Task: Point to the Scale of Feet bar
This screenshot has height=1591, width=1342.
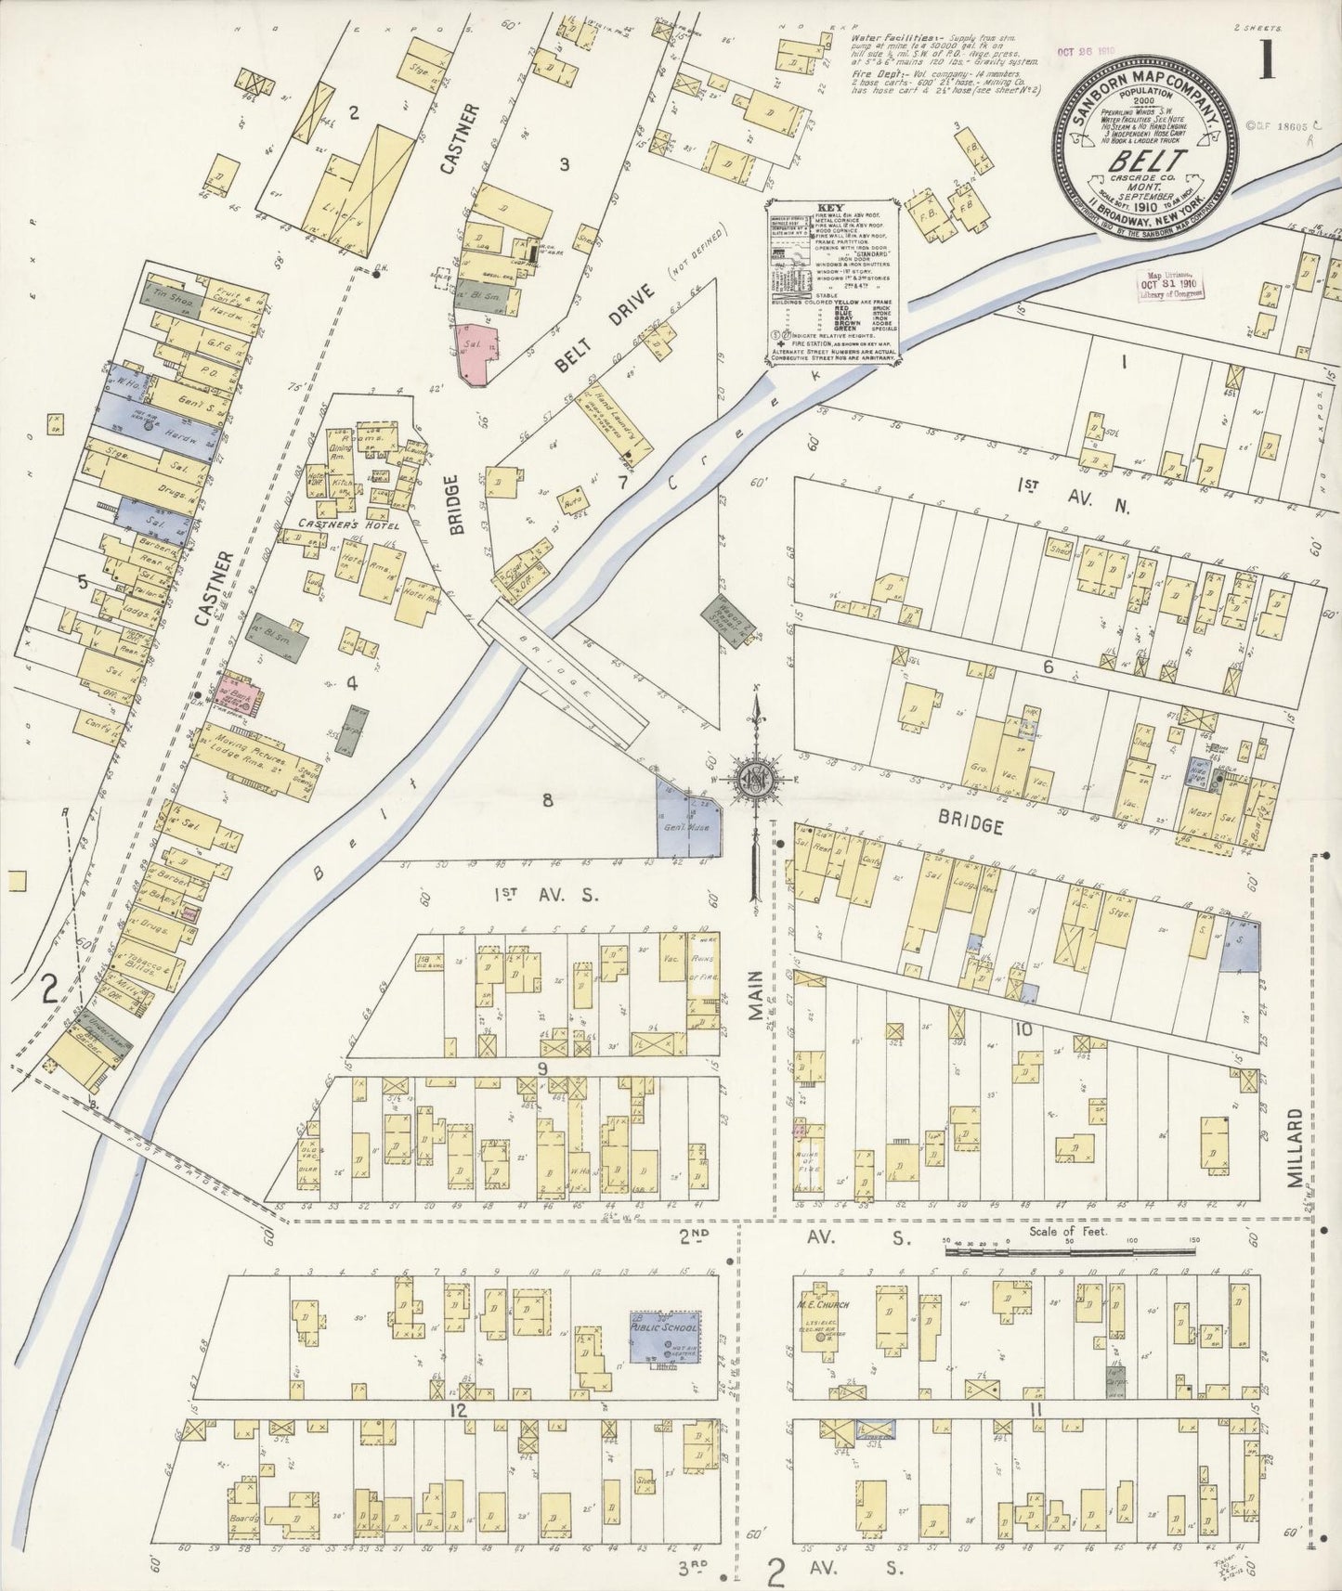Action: (1068, 1251)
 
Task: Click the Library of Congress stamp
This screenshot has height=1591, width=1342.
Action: (1177, 285)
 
